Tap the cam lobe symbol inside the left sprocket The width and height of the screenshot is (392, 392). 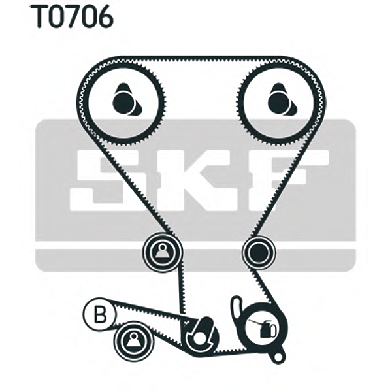[124, 100]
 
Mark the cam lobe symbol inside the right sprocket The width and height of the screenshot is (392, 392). [278, 100]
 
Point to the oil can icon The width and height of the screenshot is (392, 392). [264, 329]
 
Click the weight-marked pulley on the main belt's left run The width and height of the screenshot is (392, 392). [161, 249]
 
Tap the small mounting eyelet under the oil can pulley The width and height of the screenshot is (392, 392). [279, 357]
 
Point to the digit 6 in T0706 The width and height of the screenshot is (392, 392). [104, 18]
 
